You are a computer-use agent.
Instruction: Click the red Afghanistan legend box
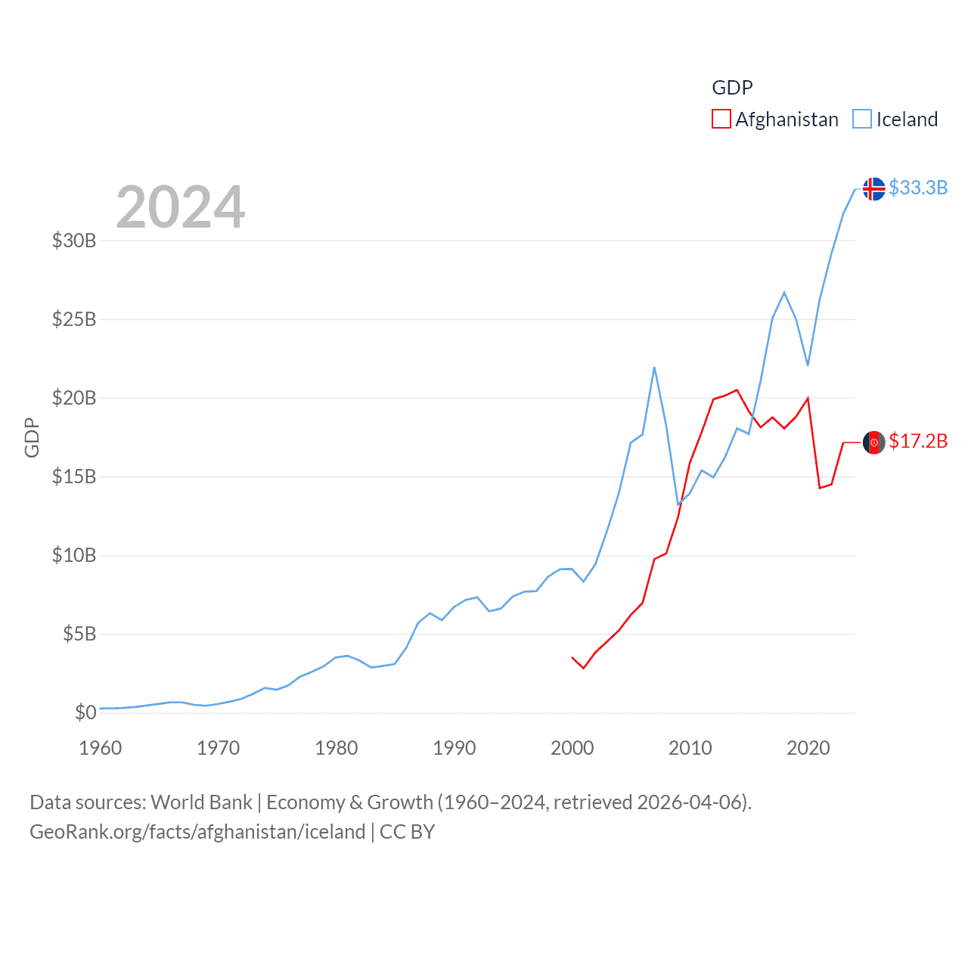point(721,119)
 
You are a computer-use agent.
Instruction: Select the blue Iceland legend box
point(862,119)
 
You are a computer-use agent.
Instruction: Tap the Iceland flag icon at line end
point(873,188)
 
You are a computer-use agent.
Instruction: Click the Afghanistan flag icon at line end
point(873,442)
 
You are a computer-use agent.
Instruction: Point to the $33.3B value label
point(918,188)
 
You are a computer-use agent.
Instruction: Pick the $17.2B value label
point(918,441)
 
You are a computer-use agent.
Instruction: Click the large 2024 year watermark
point(180,207)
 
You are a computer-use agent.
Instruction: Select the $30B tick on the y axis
point(74,240)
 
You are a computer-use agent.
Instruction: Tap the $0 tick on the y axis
point(85,712)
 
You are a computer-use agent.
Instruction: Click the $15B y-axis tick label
point(74,476)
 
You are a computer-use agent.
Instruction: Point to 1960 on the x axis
point(101,748)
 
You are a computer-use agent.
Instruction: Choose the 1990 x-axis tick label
point(455,748)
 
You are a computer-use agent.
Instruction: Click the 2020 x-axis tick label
point(808,748)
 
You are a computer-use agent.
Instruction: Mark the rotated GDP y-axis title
point(32,437)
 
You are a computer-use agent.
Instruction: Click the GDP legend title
point(732,88)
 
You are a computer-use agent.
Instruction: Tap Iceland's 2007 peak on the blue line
point(654,368)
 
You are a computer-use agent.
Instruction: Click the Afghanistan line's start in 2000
point(572,658)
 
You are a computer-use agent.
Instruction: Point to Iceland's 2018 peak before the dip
point(784,292)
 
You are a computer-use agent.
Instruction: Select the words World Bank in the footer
point(201,802)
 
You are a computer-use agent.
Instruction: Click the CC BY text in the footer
point(407,832)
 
